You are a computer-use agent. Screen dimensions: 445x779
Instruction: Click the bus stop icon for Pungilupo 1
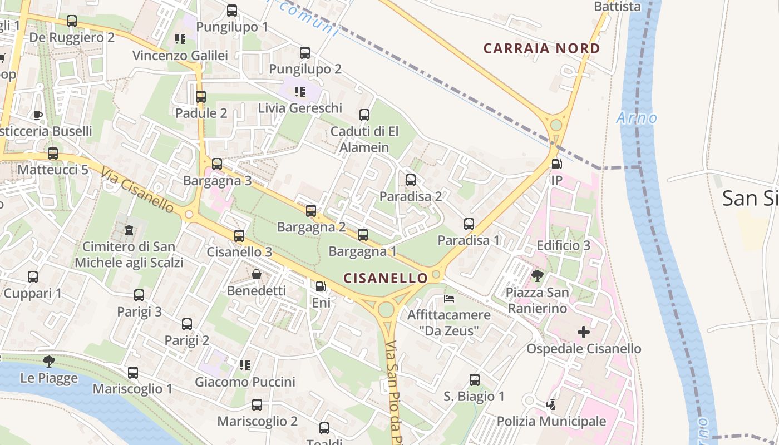tap(232, 11)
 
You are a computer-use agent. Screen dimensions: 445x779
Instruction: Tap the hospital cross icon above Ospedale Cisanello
tap(583, 333)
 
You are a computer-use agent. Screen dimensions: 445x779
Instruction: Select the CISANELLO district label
tap(386, 277)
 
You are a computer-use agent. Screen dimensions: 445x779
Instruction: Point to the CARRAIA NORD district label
tap(541, 48)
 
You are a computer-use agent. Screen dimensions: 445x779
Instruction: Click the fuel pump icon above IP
tap(556, 164)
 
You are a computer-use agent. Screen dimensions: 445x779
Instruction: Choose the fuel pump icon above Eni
tap(321, 286)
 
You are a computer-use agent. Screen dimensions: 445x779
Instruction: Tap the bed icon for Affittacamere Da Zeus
tap(449, 299)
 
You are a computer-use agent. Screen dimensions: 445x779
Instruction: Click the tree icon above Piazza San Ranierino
tap(537, 275)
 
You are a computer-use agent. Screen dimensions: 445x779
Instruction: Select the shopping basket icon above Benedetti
tap(257, 274)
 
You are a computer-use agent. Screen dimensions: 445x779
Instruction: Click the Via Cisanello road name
tap(137, 191)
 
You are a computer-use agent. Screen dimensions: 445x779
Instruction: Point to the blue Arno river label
tap(637, 118)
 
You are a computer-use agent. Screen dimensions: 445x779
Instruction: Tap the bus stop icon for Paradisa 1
tap(469, 224)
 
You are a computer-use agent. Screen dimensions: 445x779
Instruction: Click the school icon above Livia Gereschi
tap(300, 91)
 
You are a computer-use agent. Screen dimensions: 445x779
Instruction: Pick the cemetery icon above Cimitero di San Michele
tap(129, 230)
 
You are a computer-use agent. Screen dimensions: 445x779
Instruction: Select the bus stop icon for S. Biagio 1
tap(474, 380)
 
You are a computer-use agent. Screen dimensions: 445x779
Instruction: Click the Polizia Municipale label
tap(551, 421)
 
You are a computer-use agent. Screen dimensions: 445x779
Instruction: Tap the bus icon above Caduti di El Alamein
tap(364, 115)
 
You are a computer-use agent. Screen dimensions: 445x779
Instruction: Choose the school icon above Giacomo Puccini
tap(244, 365)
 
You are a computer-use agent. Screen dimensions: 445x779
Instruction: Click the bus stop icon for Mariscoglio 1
tap(132, 372)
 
